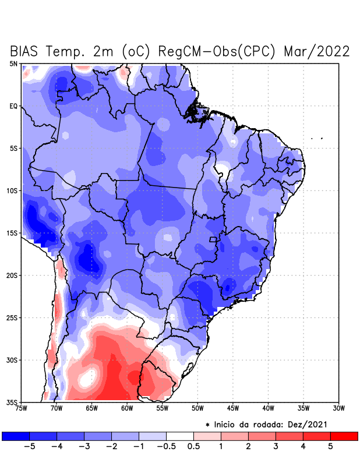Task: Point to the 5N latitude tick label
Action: tap(13, 63)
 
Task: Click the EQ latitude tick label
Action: tap(13, 106)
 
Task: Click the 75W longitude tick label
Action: tap(21, 408)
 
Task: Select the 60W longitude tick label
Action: tap(127, 408)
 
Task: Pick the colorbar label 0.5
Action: tap(194, 447)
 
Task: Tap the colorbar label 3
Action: tap(276, 447)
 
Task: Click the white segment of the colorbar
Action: tap(180, 436)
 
